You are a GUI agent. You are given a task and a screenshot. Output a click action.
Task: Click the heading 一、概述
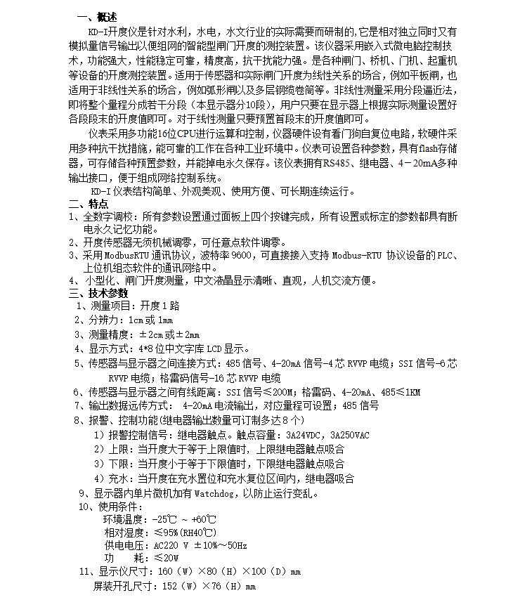pos(96,17)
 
